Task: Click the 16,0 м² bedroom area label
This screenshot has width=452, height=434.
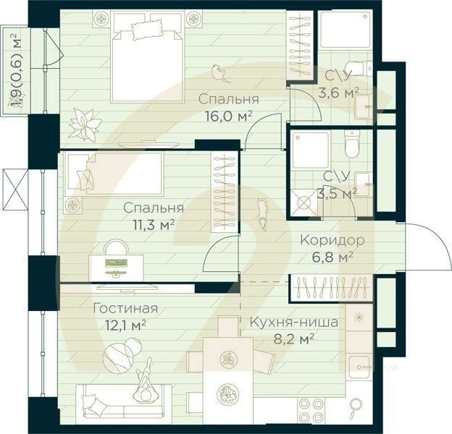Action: tap(229, 116)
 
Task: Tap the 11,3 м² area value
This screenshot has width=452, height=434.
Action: tap(154, 226)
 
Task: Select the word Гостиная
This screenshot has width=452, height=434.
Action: tap(126, 309)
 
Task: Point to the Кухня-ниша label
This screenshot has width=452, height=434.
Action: tap(293, 323)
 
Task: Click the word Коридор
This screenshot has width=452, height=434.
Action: tap(332, 240)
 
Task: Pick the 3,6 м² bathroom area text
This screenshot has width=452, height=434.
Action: tap(338, 93)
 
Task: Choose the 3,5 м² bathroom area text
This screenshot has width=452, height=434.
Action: tap(337, 193)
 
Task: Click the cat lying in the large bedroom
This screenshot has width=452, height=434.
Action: tap(220, 73)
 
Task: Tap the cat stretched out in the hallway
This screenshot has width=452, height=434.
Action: tap(262, 214)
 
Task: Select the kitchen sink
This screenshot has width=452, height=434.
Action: tap(359, 367)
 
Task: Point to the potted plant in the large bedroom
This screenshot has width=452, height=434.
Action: tap(85, 124)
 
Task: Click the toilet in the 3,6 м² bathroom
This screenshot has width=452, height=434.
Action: tap(359, 68)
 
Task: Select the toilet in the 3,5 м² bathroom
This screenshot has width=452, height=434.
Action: tap(352, 144)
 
